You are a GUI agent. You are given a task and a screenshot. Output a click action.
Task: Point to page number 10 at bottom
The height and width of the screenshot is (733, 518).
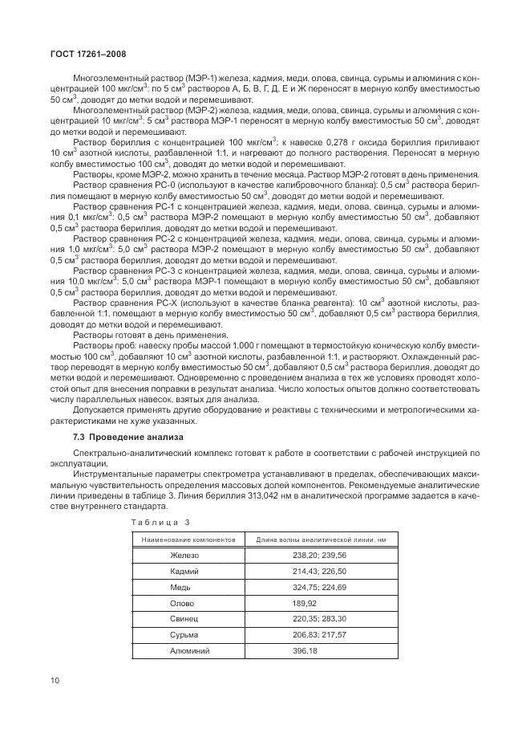pos(55,681)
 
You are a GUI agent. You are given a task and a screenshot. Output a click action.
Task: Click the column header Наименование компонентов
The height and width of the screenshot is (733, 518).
pos(188,540)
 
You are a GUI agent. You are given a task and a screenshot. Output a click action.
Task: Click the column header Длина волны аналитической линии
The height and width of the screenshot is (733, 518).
pos(321,540)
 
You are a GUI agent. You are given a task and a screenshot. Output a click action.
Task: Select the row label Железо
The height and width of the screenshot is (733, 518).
pos(184,556)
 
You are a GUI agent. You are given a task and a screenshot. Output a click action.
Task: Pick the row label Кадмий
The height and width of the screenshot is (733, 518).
pos(184,572)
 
